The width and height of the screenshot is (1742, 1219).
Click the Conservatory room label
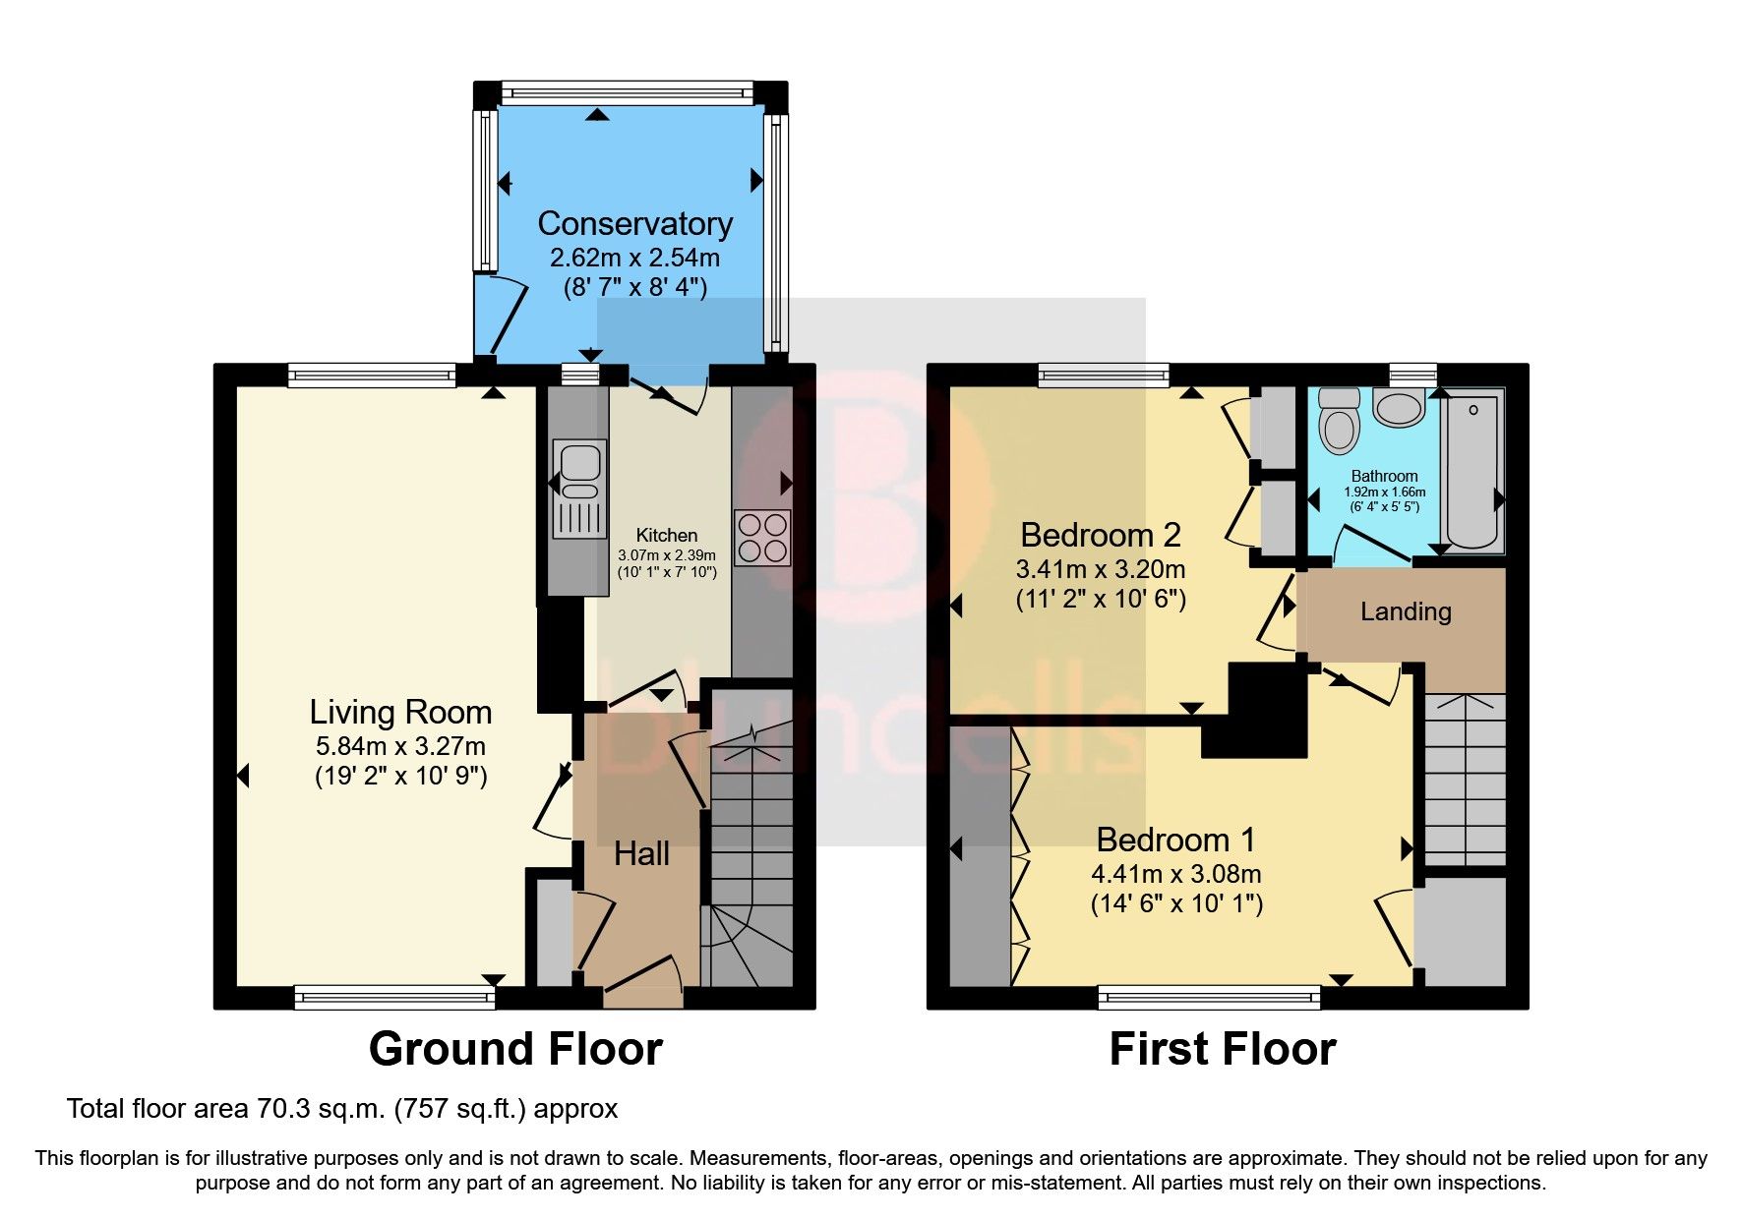[634, 224]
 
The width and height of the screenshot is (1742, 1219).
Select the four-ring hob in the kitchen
[762, 537]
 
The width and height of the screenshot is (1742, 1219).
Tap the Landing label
[1406, 611]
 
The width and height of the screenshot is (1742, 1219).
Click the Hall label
[641, 853]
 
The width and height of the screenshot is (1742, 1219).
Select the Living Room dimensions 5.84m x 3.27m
[400, 746]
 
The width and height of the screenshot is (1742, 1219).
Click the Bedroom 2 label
[1100, 535]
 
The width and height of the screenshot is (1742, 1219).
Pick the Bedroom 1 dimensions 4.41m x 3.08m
[1175, 874]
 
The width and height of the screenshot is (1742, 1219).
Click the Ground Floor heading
[515, 1049]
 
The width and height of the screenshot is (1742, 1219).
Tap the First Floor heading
[1222, 1049]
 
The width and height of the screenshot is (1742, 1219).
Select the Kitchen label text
[666, 535]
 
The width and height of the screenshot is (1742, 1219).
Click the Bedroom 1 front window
[1209, 998]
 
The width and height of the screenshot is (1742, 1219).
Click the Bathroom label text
[1384, 476]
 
